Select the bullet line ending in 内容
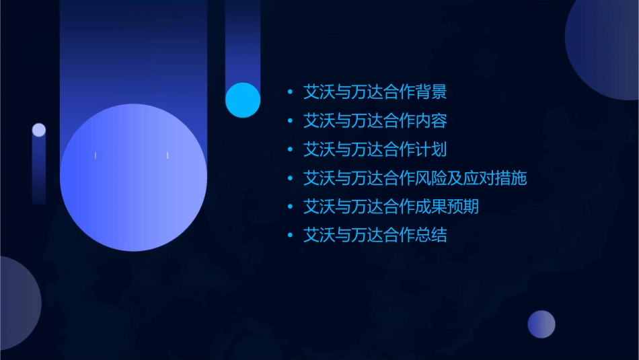(375, 121)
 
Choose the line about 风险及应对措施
(414, 178)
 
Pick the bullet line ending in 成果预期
(391, 207)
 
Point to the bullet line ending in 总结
(375, 236)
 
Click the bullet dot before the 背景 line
(290, 92)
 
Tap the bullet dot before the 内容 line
(290, 121)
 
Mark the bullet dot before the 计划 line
(290, 149)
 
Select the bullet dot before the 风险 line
(290, 178)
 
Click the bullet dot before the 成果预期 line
(290, 207)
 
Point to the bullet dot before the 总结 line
(290, 236)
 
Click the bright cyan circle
(243, 100)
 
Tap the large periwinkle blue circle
(133, 177)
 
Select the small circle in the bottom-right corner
(541, 324)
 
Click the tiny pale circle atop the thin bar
(39, 130)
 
